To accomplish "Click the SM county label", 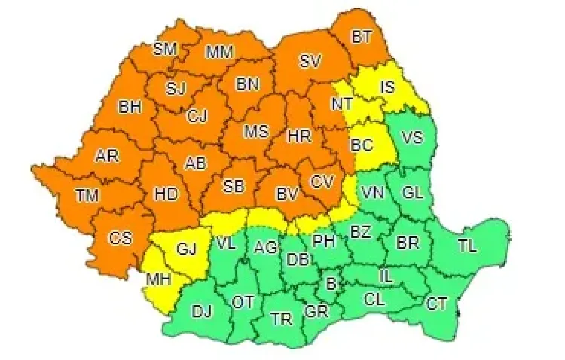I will point(164,50).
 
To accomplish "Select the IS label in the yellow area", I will point(386,87).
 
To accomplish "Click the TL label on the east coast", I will point(467,245).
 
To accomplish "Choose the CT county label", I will point(437,304).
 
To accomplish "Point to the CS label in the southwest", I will point(120,238).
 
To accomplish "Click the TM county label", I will point(87,195).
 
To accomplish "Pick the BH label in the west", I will point(130,108).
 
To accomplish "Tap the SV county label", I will point(310,62).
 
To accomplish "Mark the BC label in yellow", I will point(362,143).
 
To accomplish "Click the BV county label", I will point(287,194).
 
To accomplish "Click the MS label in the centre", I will point(256,132).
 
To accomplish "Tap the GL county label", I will point(412,192).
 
